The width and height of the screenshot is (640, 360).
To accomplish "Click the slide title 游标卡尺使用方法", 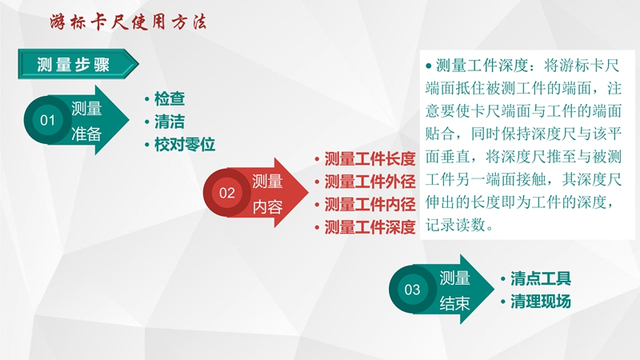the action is (128, 22).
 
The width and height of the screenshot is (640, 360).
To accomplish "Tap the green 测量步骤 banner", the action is (78, 64).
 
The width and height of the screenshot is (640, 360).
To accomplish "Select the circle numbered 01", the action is (47, 120).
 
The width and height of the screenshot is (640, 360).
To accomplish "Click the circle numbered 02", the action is (227, 193).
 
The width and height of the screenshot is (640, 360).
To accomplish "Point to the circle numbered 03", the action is (412, 290).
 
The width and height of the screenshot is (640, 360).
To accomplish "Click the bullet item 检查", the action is (170, 98).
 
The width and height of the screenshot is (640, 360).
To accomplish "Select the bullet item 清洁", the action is (170, 122).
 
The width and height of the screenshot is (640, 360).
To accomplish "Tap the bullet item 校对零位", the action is (185, 145).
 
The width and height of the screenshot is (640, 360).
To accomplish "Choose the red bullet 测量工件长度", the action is (370, 158).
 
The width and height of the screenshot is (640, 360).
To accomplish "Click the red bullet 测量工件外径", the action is (370, 182).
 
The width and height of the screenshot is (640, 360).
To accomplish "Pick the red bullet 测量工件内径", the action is (370, 204).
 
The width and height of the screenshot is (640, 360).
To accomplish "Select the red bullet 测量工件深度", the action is (370, 227).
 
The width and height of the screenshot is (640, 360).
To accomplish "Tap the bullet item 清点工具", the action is (541, 278).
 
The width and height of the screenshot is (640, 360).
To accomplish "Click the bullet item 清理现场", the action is (541, 302).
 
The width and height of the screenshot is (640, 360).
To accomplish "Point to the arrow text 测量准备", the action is (86, 122).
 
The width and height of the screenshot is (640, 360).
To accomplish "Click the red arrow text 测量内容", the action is (267, 194).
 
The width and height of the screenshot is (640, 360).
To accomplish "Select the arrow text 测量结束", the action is (454, 290).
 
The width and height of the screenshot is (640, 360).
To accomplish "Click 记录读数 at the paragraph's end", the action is (455, 225).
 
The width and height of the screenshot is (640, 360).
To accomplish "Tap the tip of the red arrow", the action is (309, 192).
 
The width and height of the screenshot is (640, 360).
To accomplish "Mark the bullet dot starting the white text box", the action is (429, 66).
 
